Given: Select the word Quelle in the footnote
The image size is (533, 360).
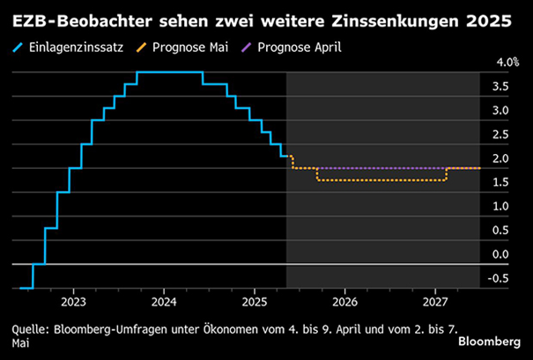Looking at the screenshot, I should (31, 329).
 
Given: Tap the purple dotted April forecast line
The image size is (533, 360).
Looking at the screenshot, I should (379, 167).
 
